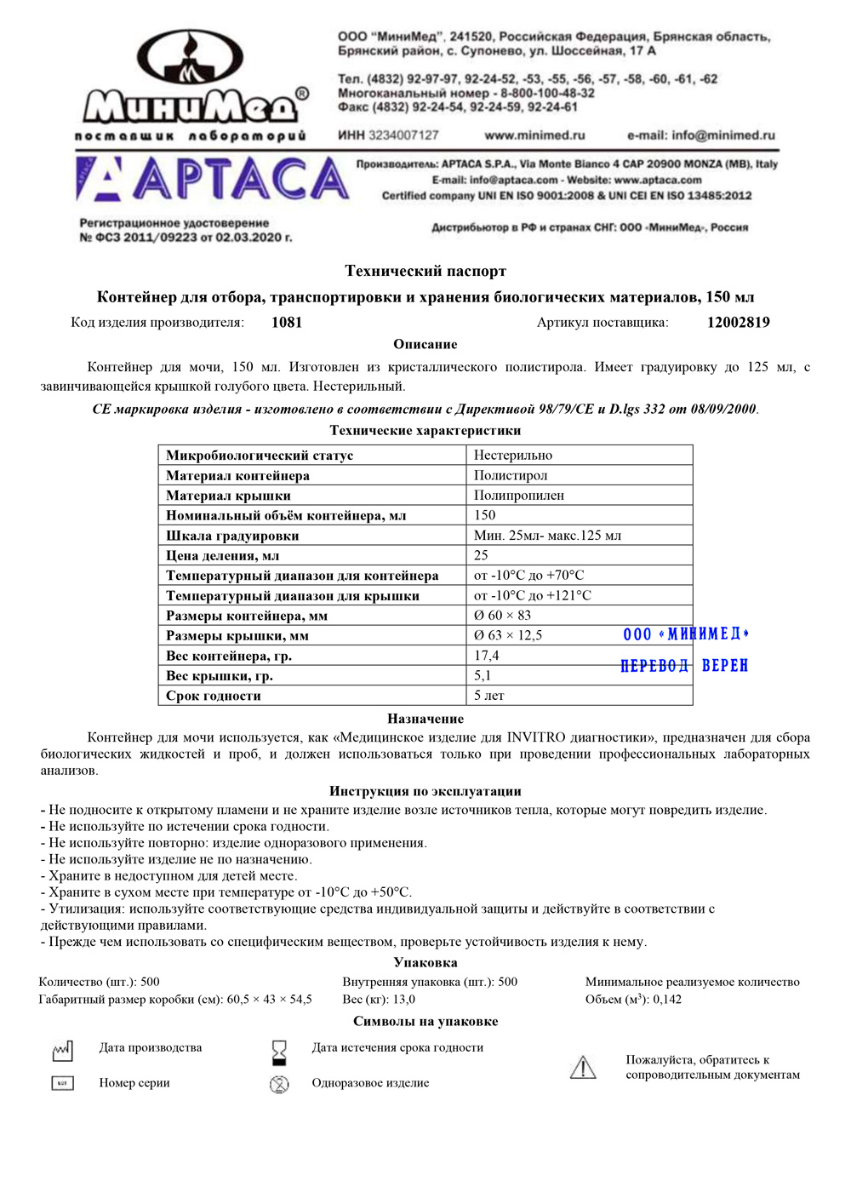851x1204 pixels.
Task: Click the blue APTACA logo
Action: coord(213,180)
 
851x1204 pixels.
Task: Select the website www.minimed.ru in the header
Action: coord(534,135)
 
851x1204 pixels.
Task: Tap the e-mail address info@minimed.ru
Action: coord(701,135)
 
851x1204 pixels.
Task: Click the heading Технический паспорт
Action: coord(425,271)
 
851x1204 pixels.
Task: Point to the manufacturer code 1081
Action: coord(287,322)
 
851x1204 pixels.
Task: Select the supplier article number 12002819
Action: coord(738,322)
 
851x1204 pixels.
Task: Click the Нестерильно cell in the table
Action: coord(513,456)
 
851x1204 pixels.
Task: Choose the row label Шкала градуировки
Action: coord(232,536)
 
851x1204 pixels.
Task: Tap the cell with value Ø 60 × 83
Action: coord(502,615)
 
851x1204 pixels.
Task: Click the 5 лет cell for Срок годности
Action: coord(489,696)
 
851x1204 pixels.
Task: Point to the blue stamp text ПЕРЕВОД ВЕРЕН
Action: coord(684,666)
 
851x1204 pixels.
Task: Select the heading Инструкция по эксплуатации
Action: coord(425,791)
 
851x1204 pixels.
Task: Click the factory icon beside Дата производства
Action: coord(62,1052)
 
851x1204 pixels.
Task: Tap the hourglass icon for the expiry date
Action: coord(279,1052)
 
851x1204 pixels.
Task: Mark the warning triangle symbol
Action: coord(583,1067)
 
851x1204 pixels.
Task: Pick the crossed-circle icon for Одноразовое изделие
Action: coord(279,1084)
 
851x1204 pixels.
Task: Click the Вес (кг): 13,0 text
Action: coord(379,1000)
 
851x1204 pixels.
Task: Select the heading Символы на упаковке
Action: coord(425,1021)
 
